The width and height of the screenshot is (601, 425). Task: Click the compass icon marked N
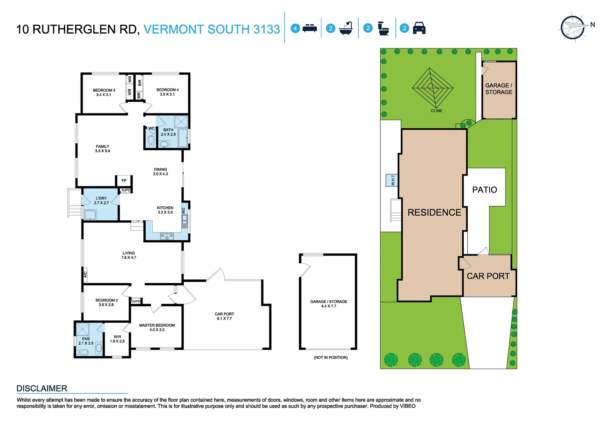[x=573, y=28]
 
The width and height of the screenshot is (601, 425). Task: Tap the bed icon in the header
[x=310, y=28]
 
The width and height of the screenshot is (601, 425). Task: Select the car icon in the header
[x=419, y=28]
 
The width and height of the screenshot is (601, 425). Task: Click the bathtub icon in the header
[x=346, y=28]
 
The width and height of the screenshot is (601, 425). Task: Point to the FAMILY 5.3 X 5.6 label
[x=102, y=149]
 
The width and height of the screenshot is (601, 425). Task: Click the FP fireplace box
[x=124, y=181]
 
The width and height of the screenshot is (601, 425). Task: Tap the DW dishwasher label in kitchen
[x=183, y=211]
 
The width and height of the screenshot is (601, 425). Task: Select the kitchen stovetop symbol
[x=167, y=236]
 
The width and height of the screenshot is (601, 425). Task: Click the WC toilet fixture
[x=151, y=140]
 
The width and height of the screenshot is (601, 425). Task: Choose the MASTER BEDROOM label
[x=157, y=327]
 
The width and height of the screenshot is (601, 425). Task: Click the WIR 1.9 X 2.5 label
[x=117, y=339]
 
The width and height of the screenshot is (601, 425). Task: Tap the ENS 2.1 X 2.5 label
[x=86, y=341]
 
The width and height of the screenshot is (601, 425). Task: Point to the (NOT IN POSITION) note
[x=330, y=357]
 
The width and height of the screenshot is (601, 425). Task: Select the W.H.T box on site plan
[x=392, y=180]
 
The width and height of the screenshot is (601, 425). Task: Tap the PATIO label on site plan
[x=484, y=190]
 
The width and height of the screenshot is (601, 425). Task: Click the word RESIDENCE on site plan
[x=434, y=213]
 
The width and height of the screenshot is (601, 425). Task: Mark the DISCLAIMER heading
[x=42, y=388]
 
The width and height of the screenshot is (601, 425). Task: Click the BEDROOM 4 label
[x=167, y=92]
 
